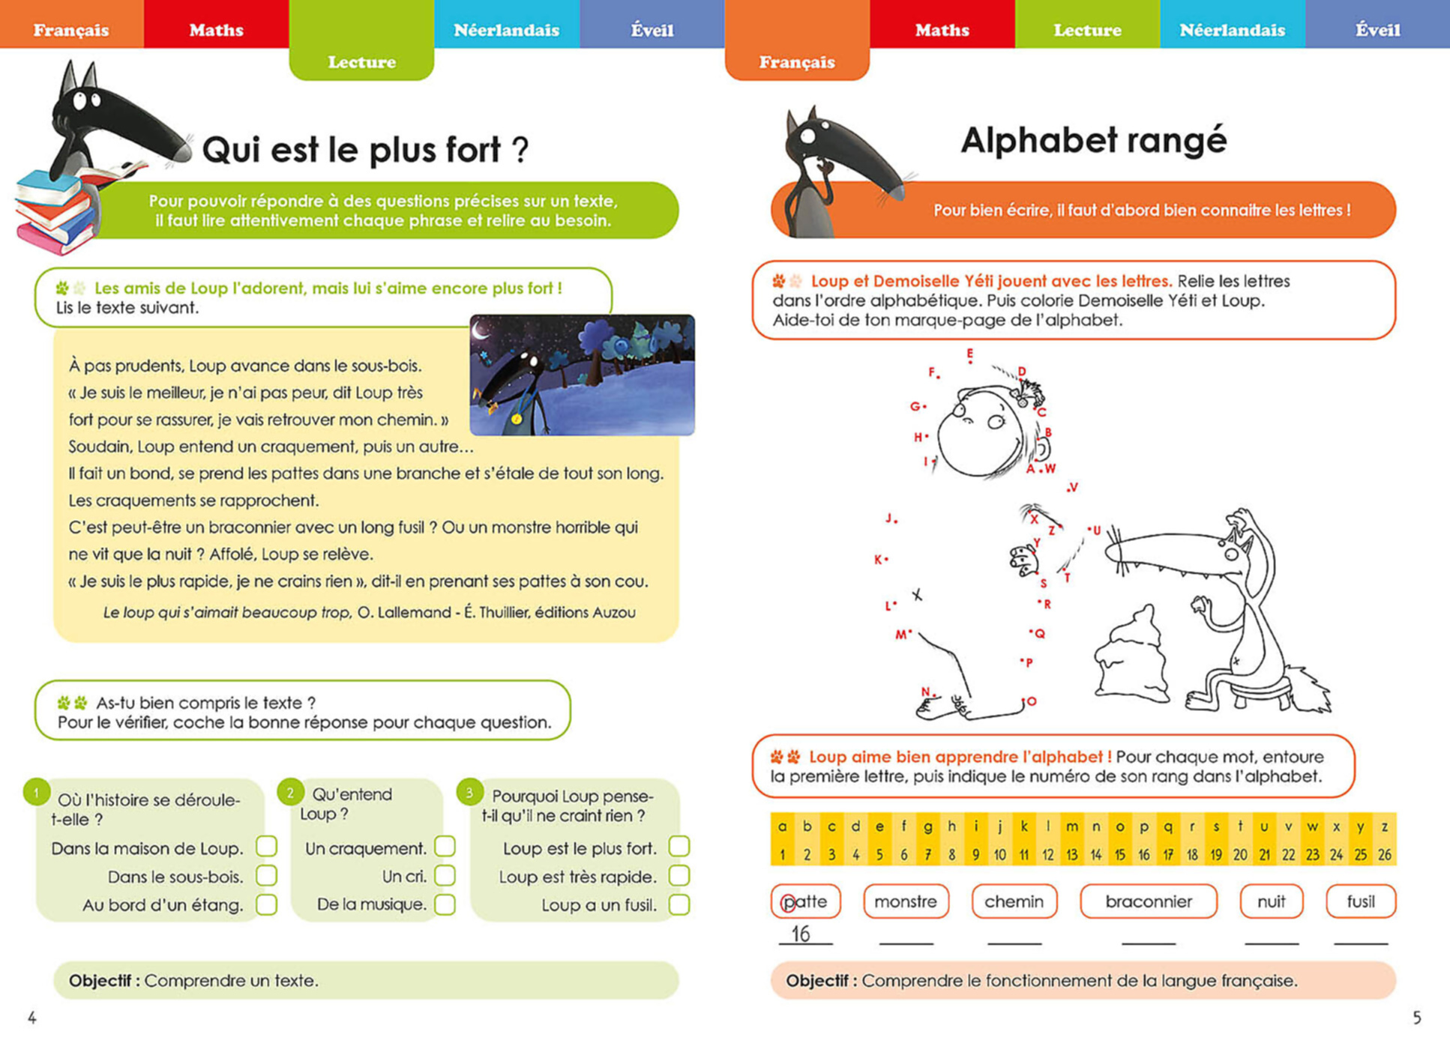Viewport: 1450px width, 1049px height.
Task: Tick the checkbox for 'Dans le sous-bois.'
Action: (x=266, y=875)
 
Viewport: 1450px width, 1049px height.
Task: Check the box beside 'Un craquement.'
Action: (x=445, y=847)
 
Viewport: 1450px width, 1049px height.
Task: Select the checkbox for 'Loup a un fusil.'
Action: (x=679, y=904)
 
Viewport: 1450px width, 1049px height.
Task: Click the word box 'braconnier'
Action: (x=1148, y=901)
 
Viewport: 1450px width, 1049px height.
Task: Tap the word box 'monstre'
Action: (x=906, y=901)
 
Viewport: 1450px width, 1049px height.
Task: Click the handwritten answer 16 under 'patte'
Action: (x=801, y=934)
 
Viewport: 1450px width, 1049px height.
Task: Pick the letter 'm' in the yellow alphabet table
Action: (x=1071, y=826)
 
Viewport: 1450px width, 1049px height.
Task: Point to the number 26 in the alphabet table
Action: (x=1384, y=854)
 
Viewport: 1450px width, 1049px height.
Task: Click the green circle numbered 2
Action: (x=290, y=792)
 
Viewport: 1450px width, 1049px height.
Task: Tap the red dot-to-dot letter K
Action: (x=878, y=560)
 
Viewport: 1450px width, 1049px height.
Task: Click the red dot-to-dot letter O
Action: (x=1032, y=701)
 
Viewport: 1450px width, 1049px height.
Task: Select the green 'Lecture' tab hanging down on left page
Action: (x=361, y=61)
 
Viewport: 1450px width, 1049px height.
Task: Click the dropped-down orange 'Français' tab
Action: (x=797, y=61)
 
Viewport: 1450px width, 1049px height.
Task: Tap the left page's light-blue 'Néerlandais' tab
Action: (x=506, y=30)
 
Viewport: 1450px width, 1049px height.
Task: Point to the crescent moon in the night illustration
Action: (x=481, y=327)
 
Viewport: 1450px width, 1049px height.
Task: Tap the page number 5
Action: (x=1416, y=1018)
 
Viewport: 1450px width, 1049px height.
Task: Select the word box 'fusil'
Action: (x=1360, y=901)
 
